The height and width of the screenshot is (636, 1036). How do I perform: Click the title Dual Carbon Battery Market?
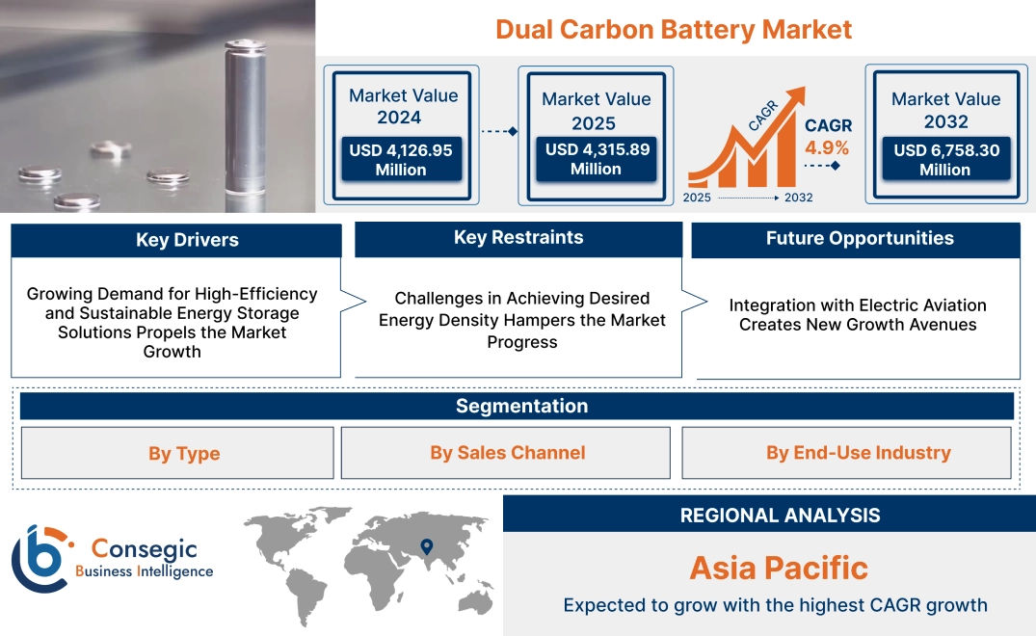674,29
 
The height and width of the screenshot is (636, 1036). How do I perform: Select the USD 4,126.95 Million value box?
400,160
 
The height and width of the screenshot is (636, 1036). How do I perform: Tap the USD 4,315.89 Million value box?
596,159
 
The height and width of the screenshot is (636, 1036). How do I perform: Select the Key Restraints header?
518,238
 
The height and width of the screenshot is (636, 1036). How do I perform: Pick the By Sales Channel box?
507,453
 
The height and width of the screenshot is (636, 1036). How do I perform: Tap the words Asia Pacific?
779,568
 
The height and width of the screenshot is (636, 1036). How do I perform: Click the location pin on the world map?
426,548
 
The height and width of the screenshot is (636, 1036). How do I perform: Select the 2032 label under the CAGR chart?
798,198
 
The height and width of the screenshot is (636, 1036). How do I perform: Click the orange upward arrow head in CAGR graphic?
796,95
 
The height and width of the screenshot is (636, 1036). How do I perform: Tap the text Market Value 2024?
403,106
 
